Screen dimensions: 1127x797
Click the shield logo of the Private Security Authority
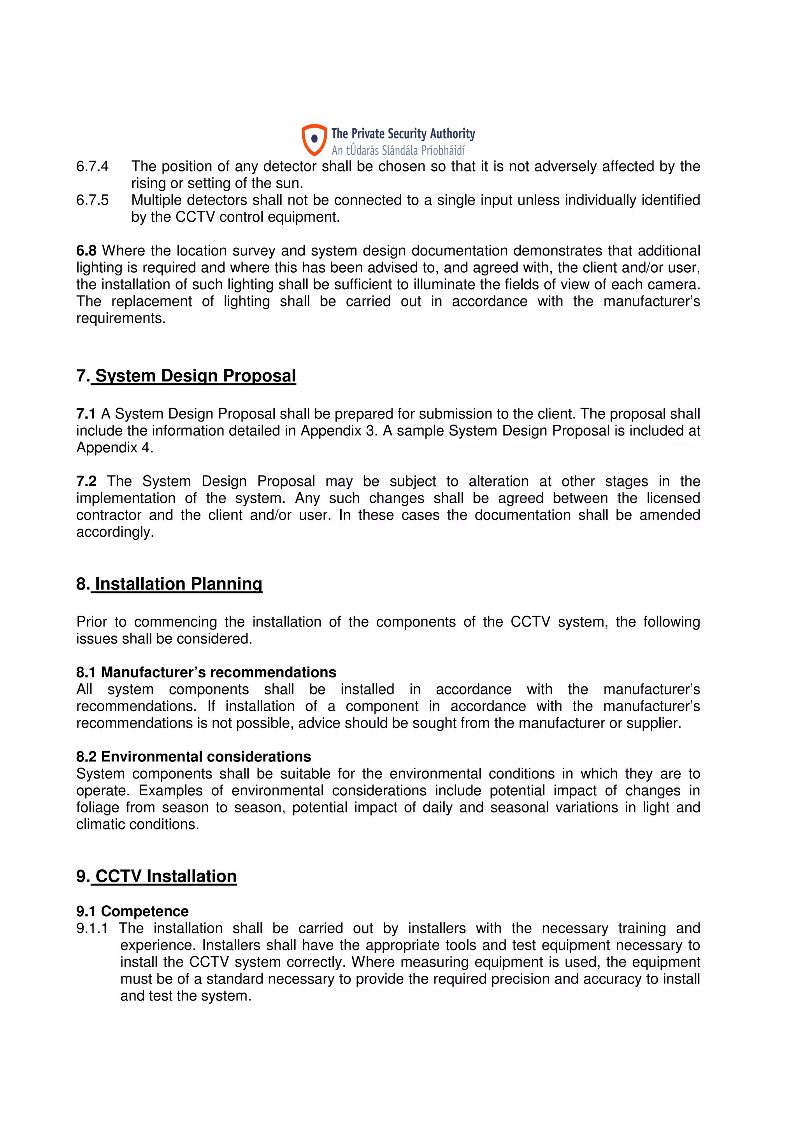pos(314,139)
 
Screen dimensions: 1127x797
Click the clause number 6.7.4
pos(92,166)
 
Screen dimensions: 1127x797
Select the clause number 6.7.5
pos(92,200)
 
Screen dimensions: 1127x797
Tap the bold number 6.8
pos(86,251)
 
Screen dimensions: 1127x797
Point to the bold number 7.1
pos(86,414)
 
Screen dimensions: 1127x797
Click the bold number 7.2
pos(86,481)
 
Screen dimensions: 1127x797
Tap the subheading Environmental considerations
pos(206,756)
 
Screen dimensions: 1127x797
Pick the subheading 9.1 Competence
pos(133,911)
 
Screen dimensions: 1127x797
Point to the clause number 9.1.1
pos(92,928)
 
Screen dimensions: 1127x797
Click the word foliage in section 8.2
pos(97,807)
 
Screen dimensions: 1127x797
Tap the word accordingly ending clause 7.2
pos(115,532)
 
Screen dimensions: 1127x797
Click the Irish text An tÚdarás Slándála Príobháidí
pos(398,150)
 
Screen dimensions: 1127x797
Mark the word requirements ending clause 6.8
pos(120,318)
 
